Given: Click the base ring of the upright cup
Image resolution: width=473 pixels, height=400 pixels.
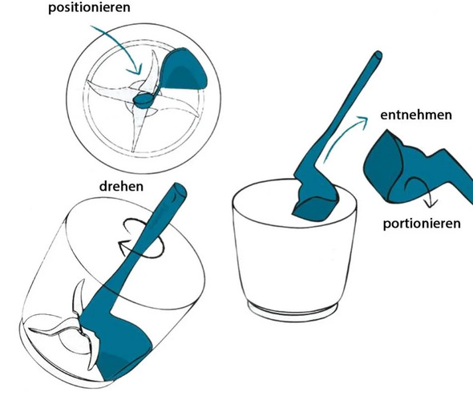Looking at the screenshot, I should [294, 309].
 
